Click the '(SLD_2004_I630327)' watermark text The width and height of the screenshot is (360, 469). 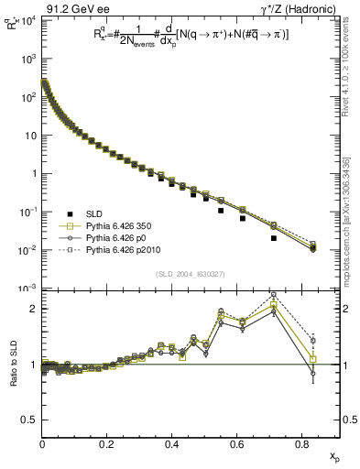[191, 273]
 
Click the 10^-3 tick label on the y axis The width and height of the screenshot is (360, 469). [27, 289]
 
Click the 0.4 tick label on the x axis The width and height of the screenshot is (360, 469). [172, 444]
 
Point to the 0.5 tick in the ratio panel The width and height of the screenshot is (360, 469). [29, 420]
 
